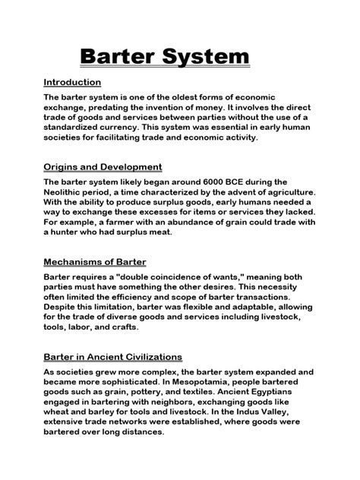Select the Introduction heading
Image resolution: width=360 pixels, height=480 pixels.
[x=72, y=82]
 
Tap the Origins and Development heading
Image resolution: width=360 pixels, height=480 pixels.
[x=103, y=167]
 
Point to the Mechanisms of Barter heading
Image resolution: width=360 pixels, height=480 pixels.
[x=96, y=264]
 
